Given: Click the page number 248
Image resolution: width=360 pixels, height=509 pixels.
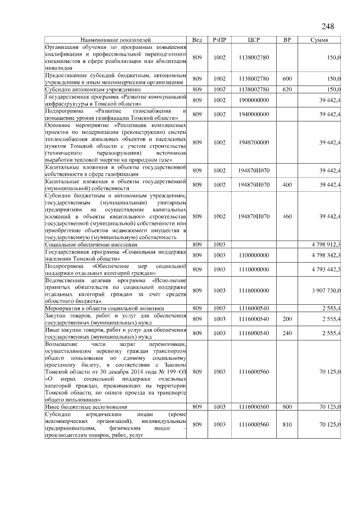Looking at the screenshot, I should point(328,26).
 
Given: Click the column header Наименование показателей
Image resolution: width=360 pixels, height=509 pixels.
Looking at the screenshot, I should point(115,40).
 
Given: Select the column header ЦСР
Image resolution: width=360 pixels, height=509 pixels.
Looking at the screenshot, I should point(254,40).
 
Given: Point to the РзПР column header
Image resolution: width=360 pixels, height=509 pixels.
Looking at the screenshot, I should point(219,40).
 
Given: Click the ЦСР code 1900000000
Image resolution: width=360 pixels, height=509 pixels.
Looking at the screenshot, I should point(254,100).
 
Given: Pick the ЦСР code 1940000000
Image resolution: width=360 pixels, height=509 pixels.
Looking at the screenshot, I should point(254,114).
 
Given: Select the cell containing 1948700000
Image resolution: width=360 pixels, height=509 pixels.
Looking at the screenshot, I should point(254,143).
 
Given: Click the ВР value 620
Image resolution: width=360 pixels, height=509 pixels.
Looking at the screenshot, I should point(287,89).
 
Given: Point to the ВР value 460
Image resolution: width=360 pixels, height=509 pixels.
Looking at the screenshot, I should point(287,216).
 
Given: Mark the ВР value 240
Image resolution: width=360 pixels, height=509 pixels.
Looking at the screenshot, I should point(287,333).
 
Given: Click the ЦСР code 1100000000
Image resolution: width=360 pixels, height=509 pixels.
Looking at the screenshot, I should point(254,255).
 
